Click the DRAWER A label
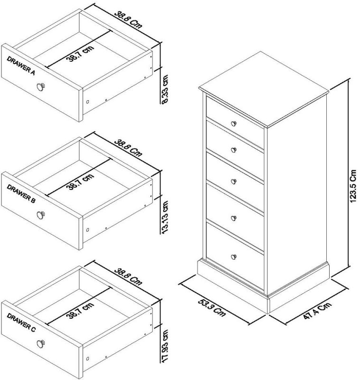coord(21,65)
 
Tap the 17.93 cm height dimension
coord(165,345)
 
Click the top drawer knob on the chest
coord(233,123)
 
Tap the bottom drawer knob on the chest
coord(233,257)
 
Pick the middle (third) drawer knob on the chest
coord(233,180)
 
